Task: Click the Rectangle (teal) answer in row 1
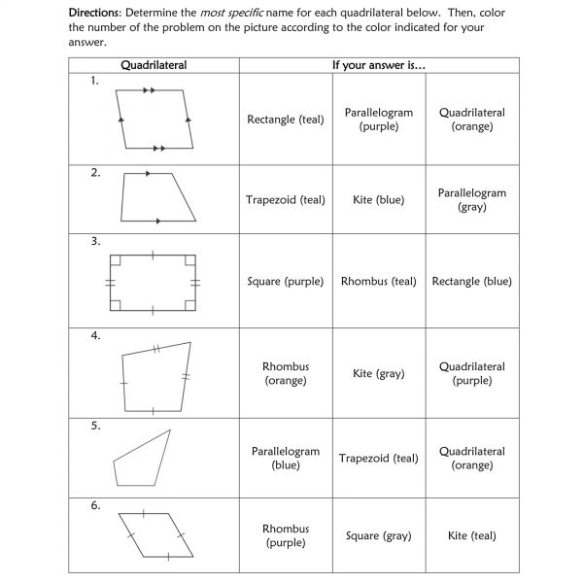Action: pyautogui.click(x=286, y=120)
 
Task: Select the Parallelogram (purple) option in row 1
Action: pyautogui.click(x=379, y=120)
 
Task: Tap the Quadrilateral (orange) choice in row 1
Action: pyautogui.click(x=472, y=120)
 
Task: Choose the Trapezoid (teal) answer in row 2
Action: pyautogui.click(x=286, y=200)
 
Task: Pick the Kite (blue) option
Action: pyautogui.click(x=379, y=200)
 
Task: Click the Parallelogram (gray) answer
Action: pyautogui.click(x=472, y=200)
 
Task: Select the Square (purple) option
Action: pyautogui.click(x=286, y=282)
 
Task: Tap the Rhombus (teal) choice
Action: pyautogui.click(x=379, y=282)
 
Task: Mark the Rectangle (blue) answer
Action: pyautogui.click(x=472, y=282)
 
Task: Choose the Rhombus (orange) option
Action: pyautogui.click(x=286, y=373)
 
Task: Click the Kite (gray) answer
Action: pyautogui.click(x=379, y=374)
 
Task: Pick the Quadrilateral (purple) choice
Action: pyautogui.click(x=472, y=373)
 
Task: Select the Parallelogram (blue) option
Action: pyautogui.click(x=286, y=459)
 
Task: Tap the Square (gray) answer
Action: pyautogui.click(x=379, y=536)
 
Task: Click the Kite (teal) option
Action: pyautogui.click(x=472, y=536)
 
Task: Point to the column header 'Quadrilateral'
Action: pyautogui.click(x=154, y=65)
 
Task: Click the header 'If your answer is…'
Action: pyautogui.click(x=379, y=65)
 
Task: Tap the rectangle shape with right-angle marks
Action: pyautogui.click(x=154, y=282)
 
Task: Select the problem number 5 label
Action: pyautogui.click(x=95, y=426)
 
